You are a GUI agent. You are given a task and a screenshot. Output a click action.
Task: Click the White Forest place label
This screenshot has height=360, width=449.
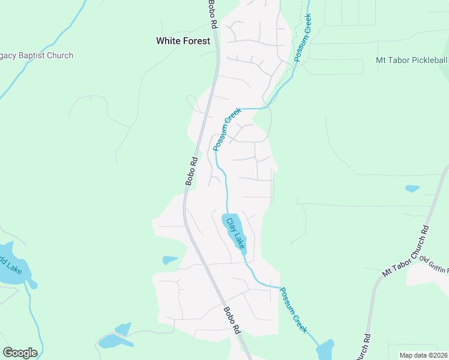183,41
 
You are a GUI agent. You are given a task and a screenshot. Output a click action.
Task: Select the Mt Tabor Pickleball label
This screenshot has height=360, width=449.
412,61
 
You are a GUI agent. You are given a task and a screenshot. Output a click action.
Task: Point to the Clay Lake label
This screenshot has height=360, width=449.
235,233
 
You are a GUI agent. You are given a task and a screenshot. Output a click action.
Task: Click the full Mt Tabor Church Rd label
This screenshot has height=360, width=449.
406,251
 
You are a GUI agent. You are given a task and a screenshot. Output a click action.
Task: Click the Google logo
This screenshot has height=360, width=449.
20,353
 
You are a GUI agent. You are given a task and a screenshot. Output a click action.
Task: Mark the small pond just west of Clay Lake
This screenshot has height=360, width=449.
170,260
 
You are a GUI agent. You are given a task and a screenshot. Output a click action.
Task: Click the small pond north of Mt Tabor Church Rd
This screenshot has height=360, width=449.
412,188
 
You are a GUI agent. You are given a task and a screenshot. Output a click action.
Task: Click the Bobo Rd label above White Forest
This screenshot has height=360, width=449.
212,15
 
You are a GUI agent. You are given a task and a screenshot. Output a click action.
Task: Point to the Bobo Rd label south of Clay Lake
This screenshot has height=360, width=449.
232,320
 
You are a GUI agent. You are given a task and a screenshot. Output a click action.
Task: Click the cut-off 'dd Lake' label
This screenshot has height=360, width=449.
11,265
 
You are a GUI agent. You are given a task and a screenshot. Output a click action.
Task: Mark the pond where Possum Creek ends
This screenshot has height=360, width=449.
325,350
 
